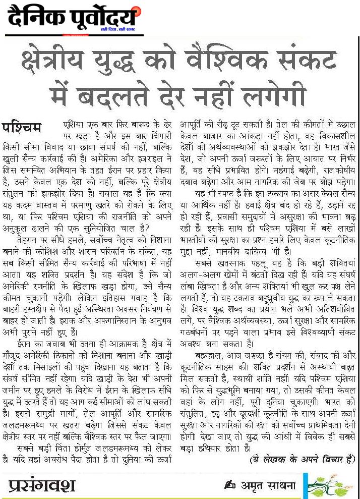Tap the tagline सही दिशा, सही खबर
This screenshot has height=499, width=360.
[x=117, y=30]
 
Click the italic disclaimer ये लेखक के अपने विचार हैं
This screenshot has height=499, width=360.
[x=302, y=459]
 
